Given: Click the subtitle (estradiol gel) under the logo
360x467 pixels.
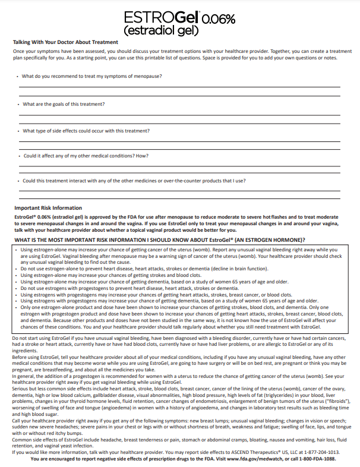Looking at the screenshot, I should tap(160, 29).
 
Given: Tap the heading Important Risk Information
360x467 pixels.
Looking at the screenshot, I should tap(48, 208).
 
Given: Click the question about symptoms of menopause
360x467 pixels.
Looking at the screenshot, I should tap(92, 76).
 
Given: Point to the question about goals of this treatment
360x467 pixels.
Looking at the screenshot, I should tap(64, 104).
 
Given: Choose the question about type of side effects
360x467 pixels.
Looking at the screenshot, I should tap(86, 131).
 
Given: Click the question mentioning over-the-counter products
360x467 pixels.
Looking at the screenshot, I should tap(134, 181).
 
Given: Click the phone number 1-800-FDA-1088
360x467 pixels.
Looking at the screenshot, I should tap(318, 459).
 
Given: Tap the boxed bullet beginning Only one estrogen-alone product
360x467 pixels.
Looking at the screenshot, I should tap(178, 318).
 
